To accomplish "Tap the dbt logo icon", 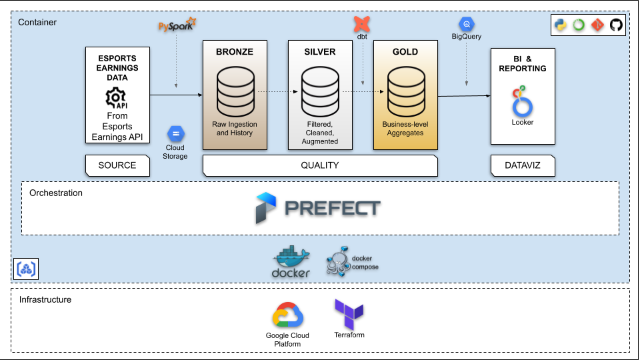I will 363,24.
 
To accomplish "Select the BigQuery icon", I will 467,24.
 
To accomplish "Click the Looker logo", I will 522,101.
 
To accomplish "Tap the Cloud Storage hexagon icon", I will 175,133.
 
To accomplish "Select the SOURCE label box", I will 117,165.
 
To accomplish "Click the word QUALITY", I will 320,165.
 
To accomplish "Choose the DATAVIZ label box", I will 523,165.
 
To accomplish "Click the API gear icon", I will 117,98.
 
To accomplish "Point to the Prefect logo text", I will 332,208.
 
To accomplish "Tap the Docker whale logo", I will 291,261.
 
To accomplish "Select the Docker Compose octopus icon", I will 338,262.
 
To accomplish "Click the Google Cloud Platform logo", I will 288,316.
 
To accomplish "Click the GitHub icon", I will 616,25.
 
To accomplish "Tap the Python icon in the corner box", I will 561,25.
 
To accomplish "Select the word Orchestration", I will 56,193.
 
